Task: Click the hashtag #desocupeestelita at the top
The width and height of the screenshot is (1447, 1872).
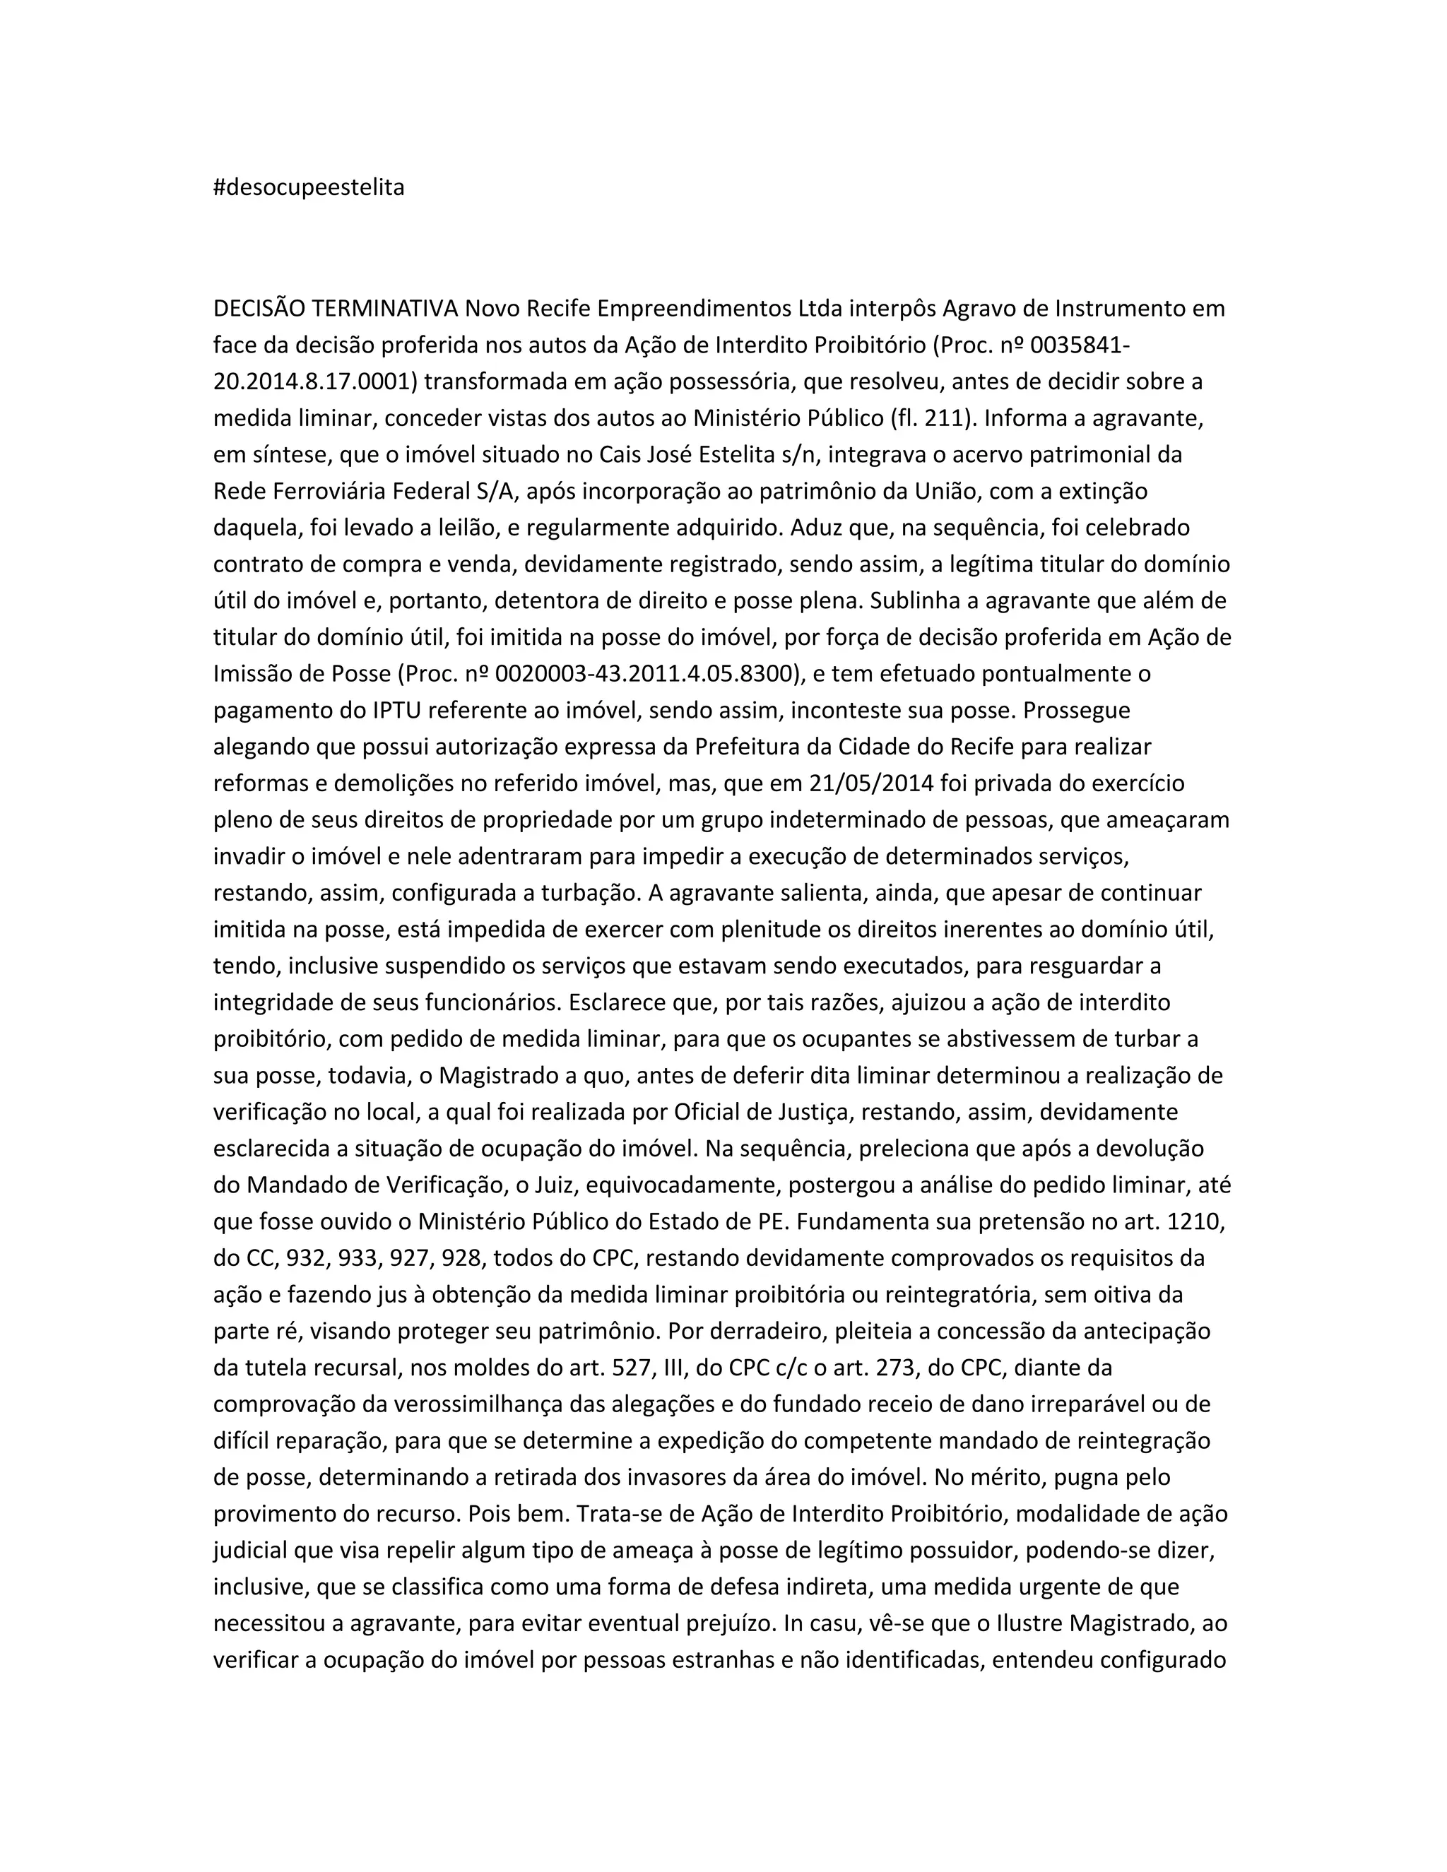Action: pos(309,188)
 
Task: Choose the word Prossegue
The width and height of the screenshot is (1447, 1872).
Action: pos(1076,711)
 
